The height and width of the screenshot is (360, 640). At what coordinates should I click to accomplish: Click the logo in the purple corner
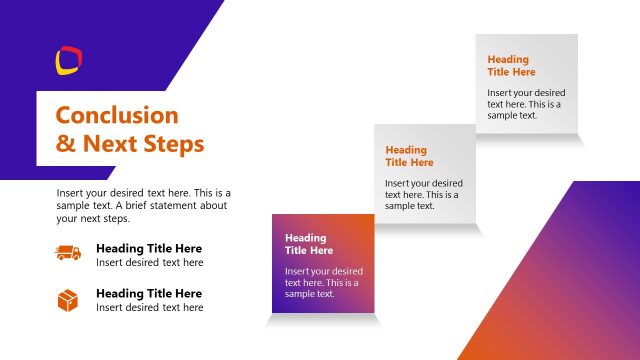point(68,61)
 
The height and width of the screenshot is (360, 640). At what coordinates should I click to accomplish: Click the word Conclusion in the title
point(117,115)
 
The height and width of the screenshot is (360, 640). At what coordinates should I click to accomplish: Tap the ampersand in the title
point(65,144)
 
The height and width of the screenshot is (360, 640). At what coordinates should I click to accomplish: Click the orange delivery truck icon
point(68,254)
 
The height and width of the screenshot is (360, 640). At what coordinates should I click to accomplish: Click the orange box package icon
point(68,300)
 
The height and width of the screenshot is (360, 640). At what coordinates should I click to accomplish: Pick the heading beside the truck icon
point(148,248)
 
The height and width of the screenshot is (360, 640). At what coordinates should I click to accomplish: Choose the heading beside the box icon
point(148,293)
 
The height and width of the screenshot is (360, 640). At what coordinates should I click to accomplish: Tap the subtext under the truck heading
point(149,263)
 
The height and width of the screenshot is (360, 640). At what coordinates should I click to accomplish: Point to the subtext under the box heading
point(149,308)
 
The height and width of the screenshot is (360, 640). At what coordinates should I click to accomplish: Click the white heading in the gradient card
point(309,244)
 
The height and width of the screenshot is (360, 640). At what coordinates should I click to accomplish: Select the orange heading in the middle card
point(409,156)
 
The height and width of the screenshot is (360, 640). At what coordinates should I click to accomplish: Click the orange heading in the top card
point(511,66)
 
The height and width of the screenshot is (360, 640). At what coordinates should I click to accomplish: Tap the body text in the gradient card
point(323,282)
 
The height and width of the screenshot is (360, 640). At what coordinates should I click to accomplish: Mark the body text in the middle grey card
point(423,194)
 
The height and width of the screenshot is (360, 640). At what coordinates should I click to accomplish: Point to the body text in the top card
point(525,104)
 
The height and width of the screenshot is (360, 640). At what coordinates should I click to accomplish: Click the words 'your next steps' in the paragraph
point(93,219)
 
